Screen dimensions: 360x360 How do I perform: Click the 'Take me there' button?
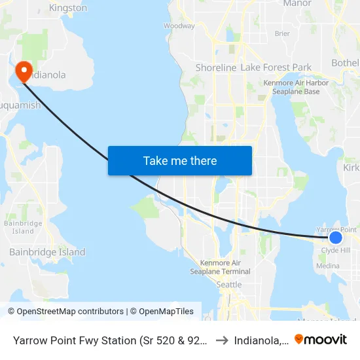tap(180, 161)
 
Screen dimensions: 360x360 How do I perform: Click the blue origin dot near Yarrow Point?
tap(335, 238)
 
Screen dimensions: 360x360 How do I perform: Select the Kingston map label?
tap(68, 9)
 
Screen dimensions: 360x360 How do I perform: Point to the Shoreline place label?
tap(216, 68)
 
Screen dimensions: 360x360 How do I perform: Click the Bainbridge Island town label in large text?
tap(47, 252)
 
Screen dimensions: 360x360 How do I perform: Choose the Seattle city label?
tap(229, 285)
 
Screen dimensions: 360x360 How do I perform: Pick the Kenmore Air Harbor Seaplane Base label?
tap(291, 87)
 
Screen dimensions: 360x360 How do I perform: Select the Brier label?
tap(282, 33)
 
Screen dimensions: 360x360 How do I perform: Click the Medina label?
tap(328, 266)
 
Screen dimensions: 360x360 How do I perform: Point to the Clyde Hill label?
tap(335, 250)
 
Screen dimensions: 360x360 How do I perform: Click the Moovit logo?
tap(321, 339)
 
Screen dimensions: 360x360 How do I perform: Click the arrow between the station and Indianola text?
tap(223, 340)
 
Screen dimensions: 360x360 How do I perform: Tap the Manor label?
tap(297, 3)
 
